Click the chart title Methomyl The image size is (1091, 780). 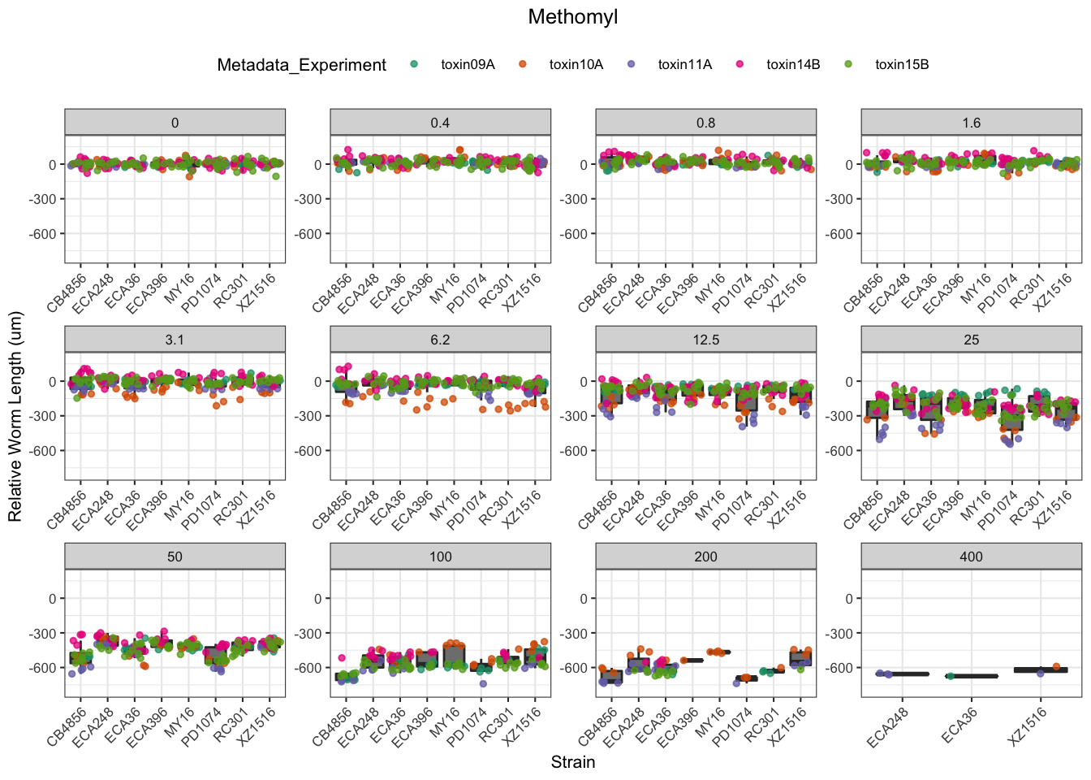point(572,17)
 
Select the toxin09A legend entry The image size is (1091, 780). point(468,65)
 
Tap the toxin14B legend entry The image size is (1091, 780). point(793,65)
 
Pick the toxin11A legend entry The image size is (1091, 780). point(684,65)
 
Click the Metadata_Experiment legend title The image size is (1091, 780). point(301,65)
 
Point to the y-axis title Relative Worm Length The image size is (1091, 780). point(15,417)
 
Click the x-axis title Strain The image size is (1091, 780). point(572,762)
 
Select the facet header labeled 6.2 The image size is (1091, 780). point(440,340)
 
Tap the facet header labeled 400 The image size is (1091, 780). point(971,557)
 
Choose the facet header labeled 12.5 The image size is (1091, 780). point(705,340)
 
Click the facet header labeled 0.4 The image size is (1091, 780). point(440,123)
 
